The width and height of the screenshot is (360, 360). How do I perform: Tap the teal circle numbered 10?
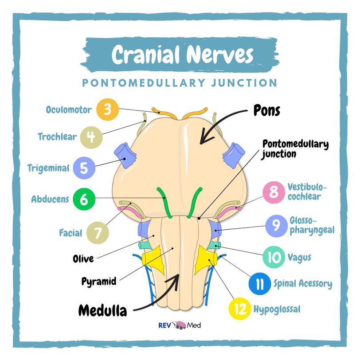274,257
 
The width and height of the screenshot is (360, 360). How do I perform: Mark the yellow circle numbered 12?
240,309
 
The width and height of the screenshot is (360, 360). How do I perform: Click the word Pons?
266,110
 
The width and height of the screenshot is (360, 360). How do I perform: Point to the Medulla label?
102,310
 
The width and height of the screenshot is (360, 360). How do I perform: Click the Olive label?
83,258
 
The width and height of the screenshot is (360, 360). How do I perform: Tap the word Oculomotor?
69,110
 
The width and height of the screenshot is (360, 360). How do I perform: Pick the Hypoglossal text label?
277,309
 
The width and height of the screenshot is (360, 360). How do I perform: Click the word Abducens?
50,200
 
